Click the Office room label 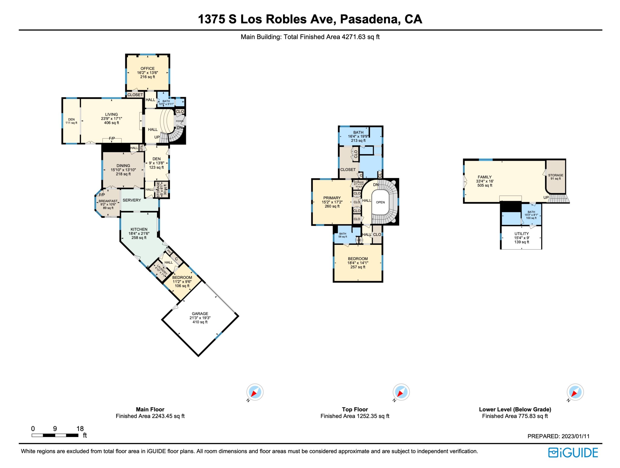pyautogui.click(x=147, y=68)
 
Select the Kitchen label pyautogui.click(x=139, y=229)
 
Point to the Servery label pyautogui.click(x=132, y=200)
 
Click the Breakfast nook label pyautogui.click(x=108, y=201)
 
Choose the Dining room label pyautogui.click(x=123, y=166)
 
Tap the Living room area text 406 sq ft pyautogui.click(x=112, y=123)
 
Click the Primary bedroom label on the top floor pyautogui.click(x=332, y=198)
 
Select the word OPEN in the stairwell pyautogui.click(x=380, y=202)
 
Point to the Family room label pyautogui.click(x=485, y=177)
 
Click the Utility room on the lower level pyautogui.click(x=521, y=237)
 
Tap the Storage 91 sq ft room pyautogui.click(x=556, y=176)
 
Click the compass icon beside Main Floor pyautogui.click(x=255, y=392)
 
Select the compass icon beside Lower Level pyautogui.click(x=575, y=392)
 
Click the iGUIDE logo pyautogui.click(x=573, y=453)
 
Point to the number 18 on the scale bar pyautogui.click(x=80, y=429)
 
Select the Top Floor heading pyautogui.click(x=355, y=409)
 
